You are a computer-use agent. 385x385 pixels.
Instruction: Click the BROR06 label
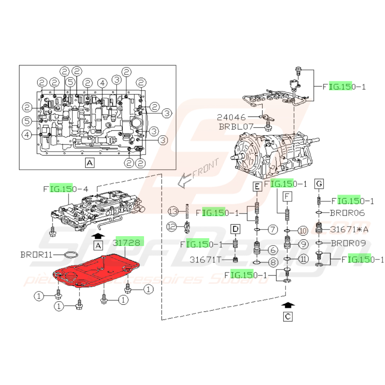(x=348, y=213)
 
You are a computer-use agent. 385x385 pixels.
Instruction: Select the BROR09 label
(x=348, y=244)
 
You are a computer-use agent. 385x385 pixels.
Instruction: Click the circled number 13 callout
(x=173, y=212)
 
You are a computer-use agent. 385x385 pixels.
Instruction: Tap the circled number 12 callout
(x=172, y=226)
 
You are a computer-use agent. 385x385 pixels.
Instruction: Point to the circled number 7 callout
(x=272, y=229)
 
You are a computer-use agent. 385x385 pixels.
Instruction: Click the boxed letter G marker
(x=319, y=183)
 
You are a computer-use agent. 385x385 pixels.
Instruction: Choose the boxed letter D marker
(x=235, y=229)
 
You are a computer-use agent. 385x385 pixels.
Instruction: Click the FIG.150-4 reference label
(x=66, y=189)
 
